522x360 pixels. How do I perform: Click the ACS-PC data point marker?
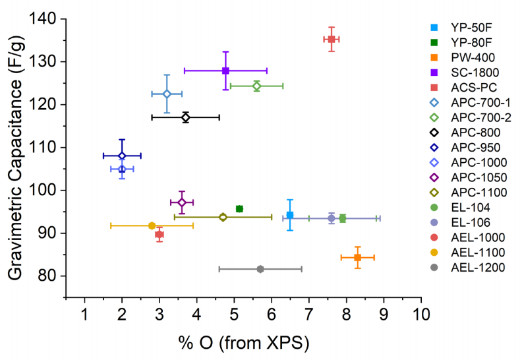[x=332, y=40]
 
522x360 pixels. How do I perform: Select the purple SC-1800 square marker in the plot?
[x=225, y=71]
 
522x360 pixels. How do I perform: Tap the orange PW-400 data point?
[x=357, y=257]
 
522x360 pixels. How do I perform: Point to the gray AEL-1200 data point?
[x=260, y=269]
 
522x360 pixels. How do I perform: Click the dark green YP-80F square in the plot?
[x=239, y=209]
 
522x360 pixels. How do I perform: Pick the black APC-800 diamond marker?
[x=186, y=117]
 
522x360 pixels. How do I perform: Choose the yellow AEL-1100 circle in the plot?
[x=152, y=225]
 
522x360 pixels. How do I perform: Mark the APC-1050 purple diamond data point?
[x=182, y=202]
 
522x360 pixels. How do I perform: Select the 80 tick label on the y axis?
[x=50, y=276]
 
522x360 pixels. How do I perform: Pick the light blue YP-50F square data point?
[x=290, y=216]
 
